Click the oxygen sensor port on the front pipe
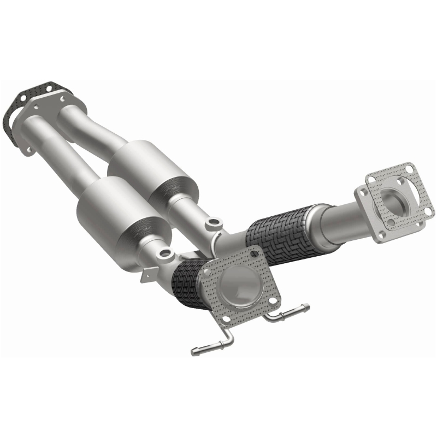pyautogui.click(x=166, y=253)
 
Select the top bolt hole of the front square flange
pyautogui.click(x=253, y=253)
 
